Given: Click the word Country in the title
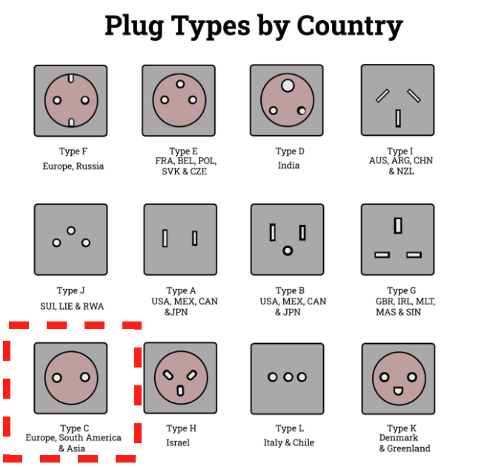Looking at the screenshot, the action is coord(350,26).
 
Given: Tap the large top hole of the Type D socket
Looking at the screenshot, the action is coord(288,85).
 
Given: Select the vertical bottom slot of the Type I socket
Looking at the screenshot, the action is coord(398,118).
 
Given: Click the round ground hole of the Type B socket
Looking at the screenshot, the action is coord(288,251).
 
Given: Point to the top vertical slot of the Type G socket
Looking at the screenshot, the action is coord(398,226).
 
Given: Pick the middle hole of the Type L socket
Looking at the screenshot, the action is coord(288,377).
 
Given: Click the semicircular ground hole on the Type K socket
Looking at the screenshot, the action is coord(398,391).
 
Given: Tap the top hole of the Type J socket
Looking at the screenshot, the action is coord(71,231).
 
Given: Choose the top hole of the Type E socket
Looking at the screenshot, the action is coord(180,84).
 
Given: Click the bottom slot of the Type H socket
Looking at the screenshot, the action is coord(180,391).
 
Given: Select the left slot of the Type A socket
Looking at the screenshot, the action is coord(165,238).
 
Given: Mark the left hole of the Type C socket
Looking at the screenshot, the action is coord(57,378).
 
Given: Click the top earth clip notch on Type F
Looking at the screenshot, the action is coord(71,78).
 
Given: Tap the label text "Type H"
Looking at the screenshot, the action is coord(182,428).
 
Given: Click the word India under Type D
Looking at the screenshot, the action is coord(289,166).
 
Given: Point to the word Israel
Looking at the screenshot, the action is coord(178,442).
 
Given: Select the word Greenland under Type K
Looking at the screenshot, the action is coord(408,448).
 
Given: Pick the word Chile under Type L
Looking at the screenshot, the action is coord(304,442).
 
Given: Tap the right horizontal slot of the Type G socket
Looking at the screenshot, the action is coord(414,255).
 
